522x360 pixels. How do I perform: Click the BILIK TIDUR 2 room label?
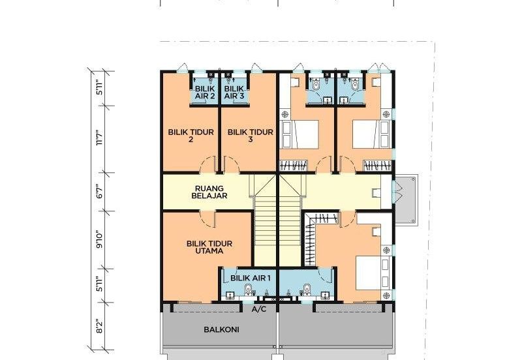click(x=191, y=136)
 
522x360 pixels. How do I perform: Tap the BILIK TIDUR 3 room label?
click(x=251, y=136)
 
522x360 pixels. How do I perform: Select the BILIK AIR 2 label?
click(x=205, y=92)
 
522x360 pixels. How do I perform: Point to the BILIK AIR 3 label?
click(x=234, y=92)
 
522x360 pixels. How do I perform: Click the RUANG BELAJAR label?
click(x=209, y=192)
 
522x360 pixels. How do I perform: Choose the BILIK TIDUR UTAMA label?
click(x=209, y=247)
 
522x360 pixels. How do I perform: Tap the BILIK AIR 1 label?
click(x=251, y=278)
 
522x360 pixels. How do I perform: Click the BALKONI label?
click(x=221, y=330)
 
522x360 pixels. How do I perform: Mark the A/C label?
click(x=259, y=309)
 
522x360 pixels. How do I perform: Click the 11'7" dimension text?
click(x=100, y=138)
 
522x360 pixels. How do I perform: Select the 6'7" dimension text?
click(x=100, y=191)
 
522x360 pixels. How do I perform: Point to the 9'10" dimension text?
click(x=100, y=239)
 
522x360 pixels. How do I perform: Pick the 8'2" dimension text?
click(x=100, y=326)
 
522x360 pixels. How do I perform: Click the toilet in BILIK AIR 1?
click(x=248, y=290)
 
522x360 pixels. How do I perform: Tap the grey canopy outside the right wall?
click(x=406, y=200)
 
